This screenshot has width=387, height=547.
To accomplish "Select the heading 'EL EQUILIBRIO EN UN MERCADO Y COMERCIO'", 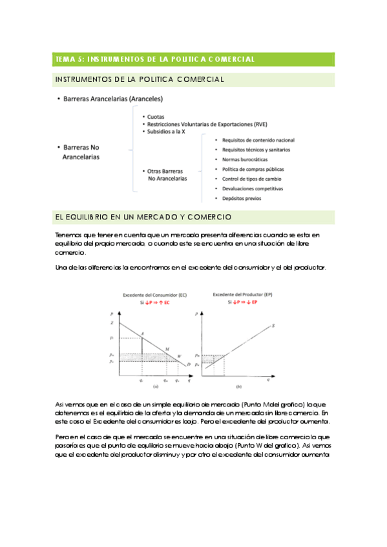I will coord(144,217).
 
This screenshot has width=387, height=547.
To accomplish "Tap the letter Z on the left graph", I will coord(112,322).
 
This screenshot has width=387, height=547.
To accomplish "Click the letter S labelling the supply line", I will coord(273,326).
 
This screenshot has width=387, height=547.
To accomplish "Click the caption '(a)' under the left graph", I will coord(155,386).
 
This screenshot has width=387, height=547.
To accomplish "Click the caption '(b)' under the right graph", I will coord(239,386).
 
